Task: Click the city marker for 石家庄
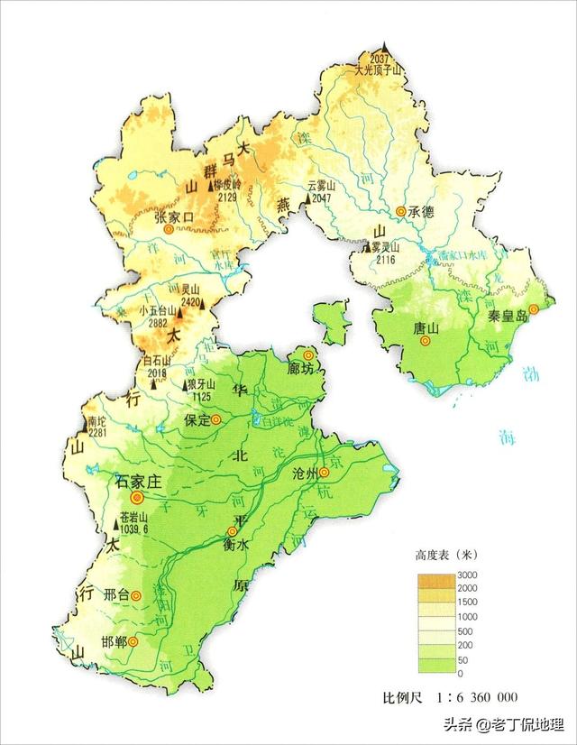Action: click(137, 497)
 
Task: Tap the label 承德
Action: click(422, 213)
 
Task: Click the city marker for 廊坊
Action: click(309, 354)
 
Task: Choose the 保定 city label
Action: click(197, 420)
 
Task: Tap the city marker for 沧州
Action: click(324, 472)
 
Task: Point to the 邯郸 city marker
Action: click(133, 641)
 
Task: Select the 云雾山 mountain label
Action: click(321, 185)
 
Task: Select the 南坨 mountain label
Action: click(97, 421)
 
